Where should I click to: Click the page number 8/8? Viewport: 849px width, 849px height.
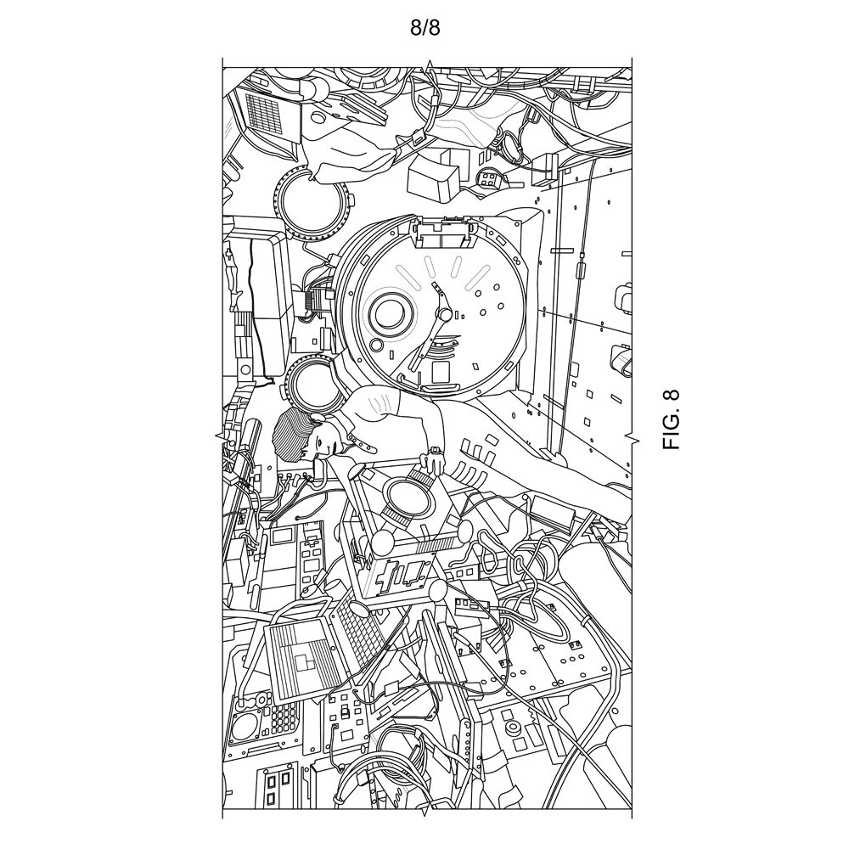coord(424,28)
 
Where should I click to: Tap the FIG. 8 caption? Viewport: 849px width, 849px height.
coord(671,419)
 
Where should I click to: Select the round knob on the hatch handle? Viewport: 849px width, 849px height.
coord(445,313)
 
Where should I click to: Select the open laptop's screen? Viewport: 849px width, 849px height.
coord(296,660)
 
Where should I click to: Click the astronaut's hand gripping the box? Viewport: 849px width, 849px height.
coord(433,464)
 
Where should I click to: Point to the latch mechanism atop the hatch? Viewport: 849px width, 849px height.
coord(444,229)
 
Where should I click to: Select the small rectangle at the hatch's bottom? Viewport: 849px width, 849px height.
coord(441,372)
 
